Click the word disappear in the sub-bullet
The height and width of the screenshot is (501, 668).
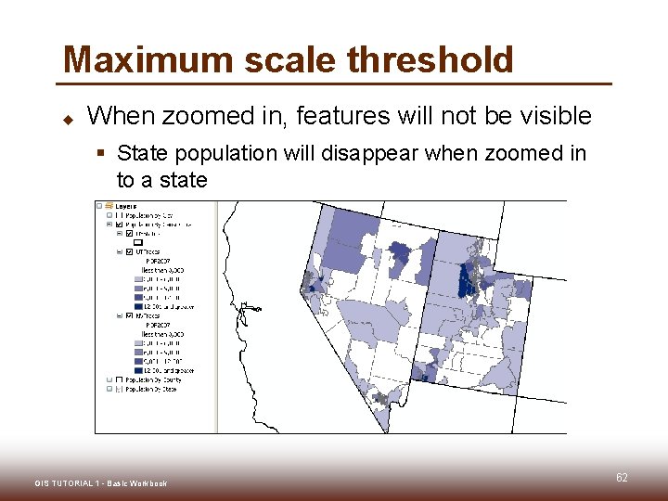click(x=370, y=152)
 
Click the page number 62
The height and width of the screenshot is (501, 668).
click(x=622, y=478)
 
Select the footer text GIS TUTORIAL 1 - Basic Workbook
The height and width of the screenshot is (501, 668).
click(x=100, y=483)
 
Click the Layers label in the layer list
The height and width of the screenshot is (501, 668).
click(x=126, y=206)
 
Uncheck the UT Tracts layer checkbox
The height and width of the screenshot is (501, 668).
click(x=129, y=252)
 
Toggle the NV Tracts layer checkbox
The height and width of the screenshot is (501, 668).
click(x=129, y=316)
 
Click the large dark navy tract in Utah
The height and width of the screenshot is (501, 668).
click(x=466, y=278)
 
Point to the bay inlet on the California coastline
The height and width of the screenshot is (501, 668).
click(x=243, y=311)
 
